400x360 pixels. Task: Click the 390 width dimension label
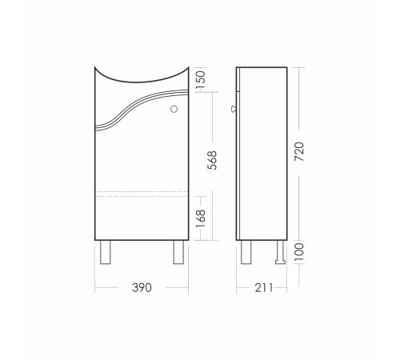pos(142,288)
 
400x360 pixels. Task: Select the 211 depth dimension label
pos(264,288)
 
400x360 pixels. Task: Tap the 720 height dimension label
pos(299,151)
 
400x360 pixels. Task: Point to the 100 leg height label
pos(300,251)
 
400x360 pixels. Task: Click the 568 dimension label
pos(212,160)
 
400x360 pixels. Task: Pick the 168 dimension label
pos(201,218)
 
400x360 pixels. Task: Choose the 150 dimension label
pos(201,80)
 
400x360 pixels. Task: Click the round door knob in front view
pos(174,109)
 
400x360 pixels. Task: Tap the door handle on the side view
pos(234,109)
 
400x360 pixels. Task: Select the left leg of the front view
pos(106,252)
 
